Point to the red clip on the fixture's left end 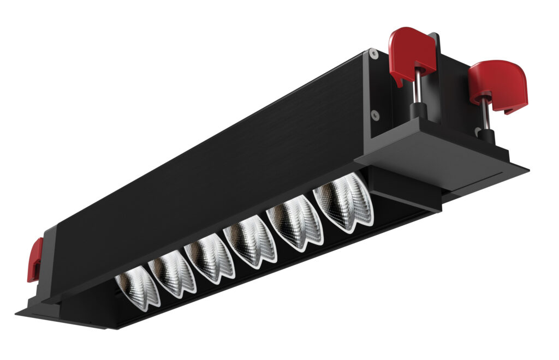tap(35, 260)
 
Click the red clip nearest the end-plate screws tap(411, 55)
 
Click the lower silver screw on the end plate tap(374, 114)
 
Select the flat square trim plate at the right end tap(437, 158)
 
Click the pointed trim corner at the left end tap(19, 314)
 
